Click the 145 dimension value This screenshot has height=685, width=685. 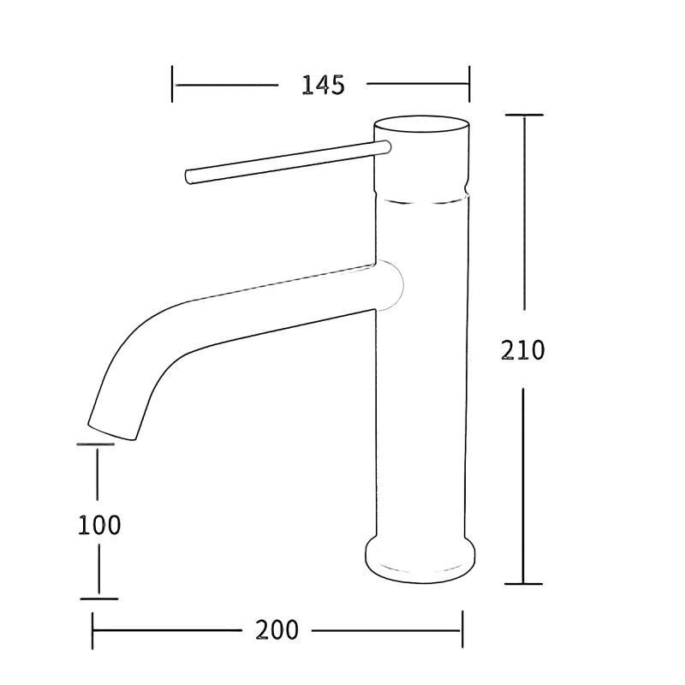[x=324, y=85]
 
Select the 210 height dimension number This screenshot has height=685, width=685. [x=522, y=350]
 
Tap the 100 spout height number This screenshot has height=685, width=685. [x=99, y=525]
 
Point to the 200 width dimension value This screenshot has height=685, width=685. [x=277, y=630]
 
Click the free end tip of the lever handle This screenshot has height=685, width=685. [x=188, y=176]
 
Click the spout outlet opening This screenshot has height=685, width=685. [x=112, y=432]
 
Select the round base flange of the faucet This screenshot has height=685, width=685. [x=420, y=558]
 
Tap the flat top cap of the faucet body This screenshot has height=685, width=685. [x=422, y=124]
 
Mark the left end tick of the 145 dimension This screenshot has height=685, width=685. [x=172, y=84]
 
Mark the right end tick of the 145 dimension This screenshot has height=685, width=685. [x=469, y=84]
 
